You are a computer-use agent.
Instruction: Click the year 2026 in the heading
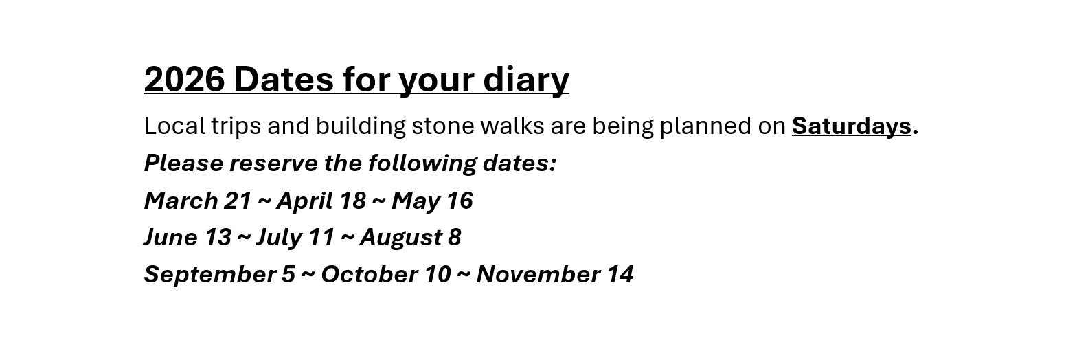pos(184,79)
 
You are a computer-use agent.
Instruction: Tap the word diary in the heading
pos(526,80)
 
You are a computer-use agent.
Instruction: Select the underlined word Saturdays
pos(852,126)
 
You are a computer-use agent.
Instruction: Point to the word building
pos(360,126)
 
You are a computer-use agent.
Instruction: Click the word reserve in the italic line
pos(273,164)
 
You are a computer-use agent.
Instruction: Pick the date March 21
pos(198,201)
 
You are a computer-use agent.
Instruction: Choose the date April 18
pos(321,201)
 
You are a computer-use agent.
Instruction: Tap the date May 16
pos(432,201)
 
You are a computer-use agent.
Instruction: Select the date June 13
pos(188,237)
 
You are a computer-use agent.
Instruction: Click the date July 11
pos(295,238)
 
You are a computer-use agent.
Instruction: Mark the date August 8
pos(410,238)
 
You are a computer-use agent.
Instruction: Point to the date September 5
pos(219,275)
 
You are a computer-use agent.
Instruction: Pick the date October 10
pos(385,274)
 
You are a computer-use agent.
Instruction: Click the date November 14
pos(554,274)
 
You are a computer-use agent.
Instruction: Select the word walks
pos(512,126)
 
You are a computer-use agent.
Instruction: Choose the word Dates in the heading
pos(284,79)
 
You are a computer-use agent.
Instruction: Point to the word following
pos(422,164)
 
